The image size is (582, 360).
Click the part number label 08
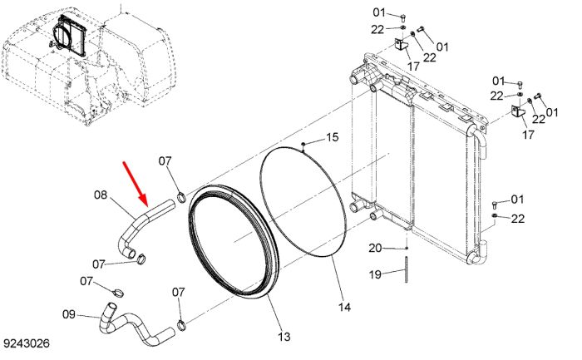pos(101,195)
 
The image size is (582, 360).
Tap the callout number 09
pos(69,314)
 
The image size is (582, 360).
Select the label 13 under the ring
pos(284,337)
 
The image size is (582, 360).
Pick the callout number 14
pos(344,307)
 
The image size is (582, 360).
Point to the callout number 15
pos(333,137)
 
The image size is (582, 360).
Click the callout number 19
pos(375,274)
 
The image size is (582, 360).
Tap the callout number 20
pos(375,248)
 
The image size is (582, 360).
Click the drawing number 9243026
pos(27,343)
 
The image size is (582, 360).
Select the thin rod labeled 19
pos(406,269)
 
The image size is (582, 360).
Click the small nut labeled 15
pos(303,144)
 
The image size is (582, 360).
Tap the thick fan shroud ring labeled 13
pos(233,241)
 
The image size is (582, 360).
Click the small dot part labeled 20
pos(407,248)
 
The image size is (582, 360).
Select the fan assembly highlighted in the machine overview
pos(69,36)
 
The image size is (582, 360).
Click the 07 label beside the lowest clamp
pos(178,293)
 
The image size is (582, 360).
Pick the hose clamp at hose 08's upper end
pos(181,197)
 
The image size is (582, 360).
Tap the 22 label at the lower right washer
pos(518,219)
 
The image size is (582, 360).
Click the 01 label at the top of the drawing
pos(379,12)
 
